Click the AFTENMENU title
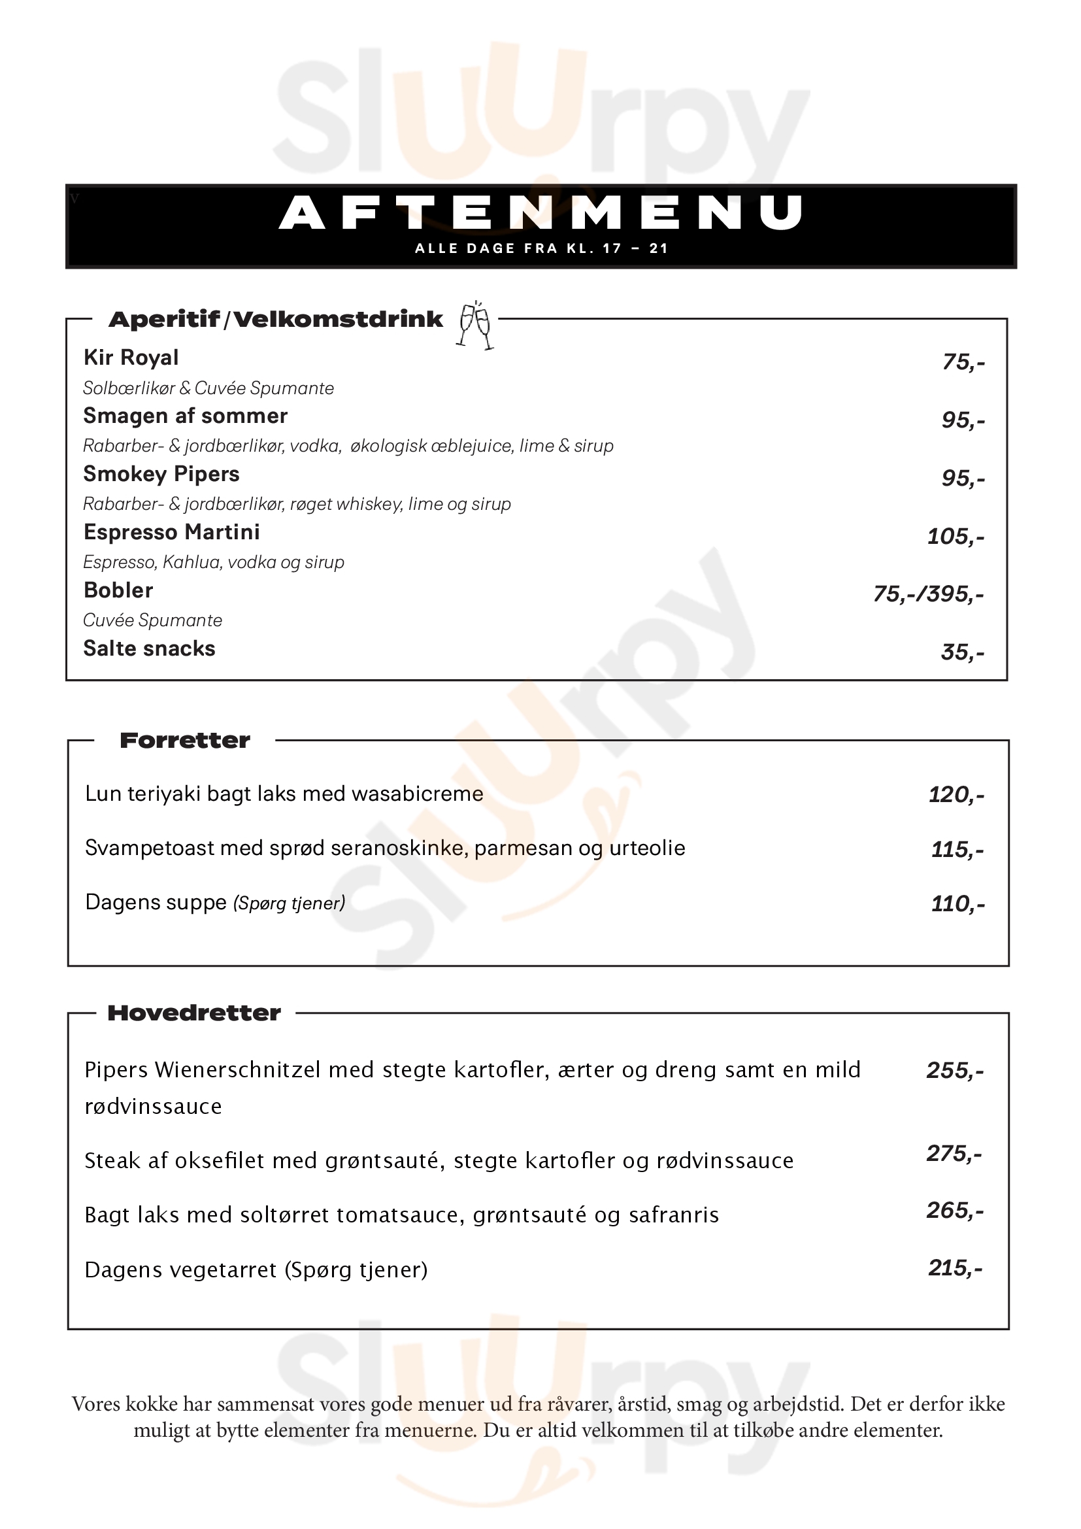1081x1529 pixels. click(x=540, y=213)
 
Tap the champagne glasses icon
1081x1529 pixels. click(x=475, y=325)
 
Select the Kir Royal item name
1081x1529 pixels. click(x=131, y=358)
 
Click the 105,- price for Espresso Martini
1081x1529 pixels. click(x=956, y=536)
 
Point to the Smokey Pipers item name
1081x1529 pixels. click(x=161, y=474)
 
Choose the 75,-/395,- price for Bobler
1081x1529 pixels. click(x=928, y=594)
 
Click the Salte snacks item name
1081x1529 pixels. click(x=149, y=648)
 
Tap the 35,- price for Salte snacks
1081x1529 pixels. click(x=962, y=652)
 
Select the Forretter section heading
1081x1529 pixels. click(x=185, y=741)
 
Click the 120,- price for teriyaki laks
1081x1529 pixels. click(x=956, y=794)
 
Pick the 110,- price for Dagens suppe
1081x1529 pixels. click(x=957, y=903)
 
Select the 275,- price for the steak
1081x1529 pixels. click(x=954, y=1153)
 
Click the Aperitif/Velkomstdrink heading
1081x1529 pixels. click(x=276, y=320)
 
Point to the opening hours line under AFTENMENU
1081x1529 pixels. click(x=540, y=248)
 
